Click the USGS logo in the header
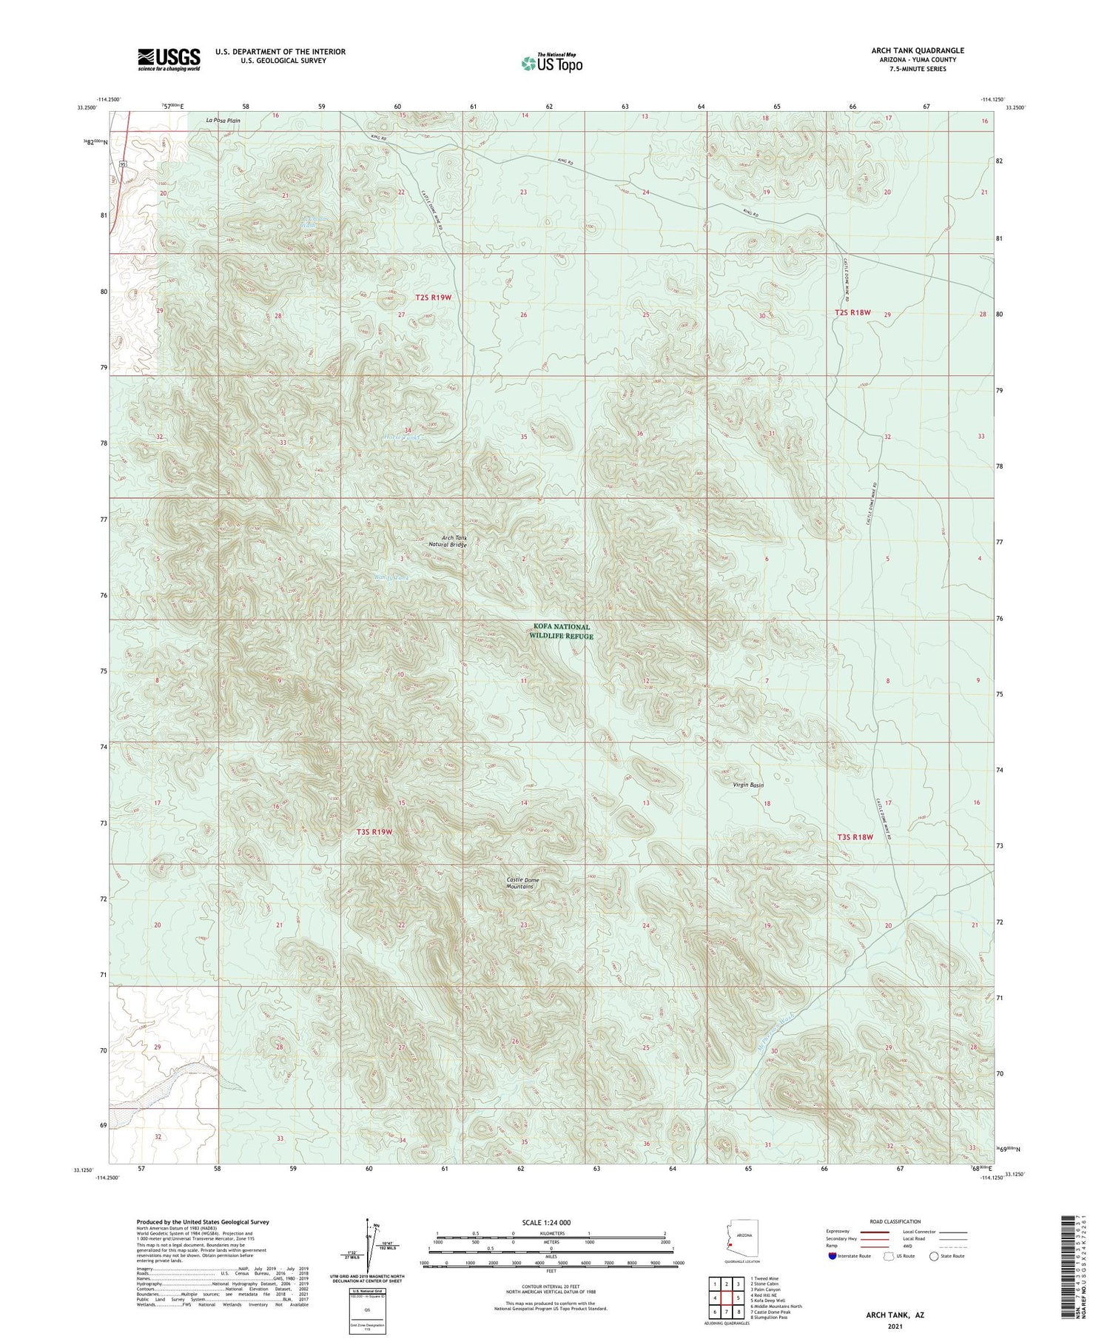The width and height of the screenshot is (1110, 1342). point(169,59)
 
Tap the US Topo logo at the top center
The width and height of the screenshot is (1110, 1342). point(551,63)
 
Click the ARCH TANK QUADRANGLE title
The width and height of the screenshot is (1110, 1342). point(918,51)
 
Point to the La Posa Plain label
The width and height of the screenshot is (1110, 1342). point(223,120)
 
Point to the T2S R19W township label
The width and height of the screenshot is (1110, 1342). point(433,297)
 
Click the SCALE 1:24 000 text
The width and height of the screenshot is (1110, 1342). point(546,1223)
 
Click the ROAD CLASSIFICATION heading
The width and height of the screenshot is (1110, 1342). point(895,1221)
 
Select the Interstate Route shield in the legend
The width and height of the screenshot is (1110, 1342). point(832,1256)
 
